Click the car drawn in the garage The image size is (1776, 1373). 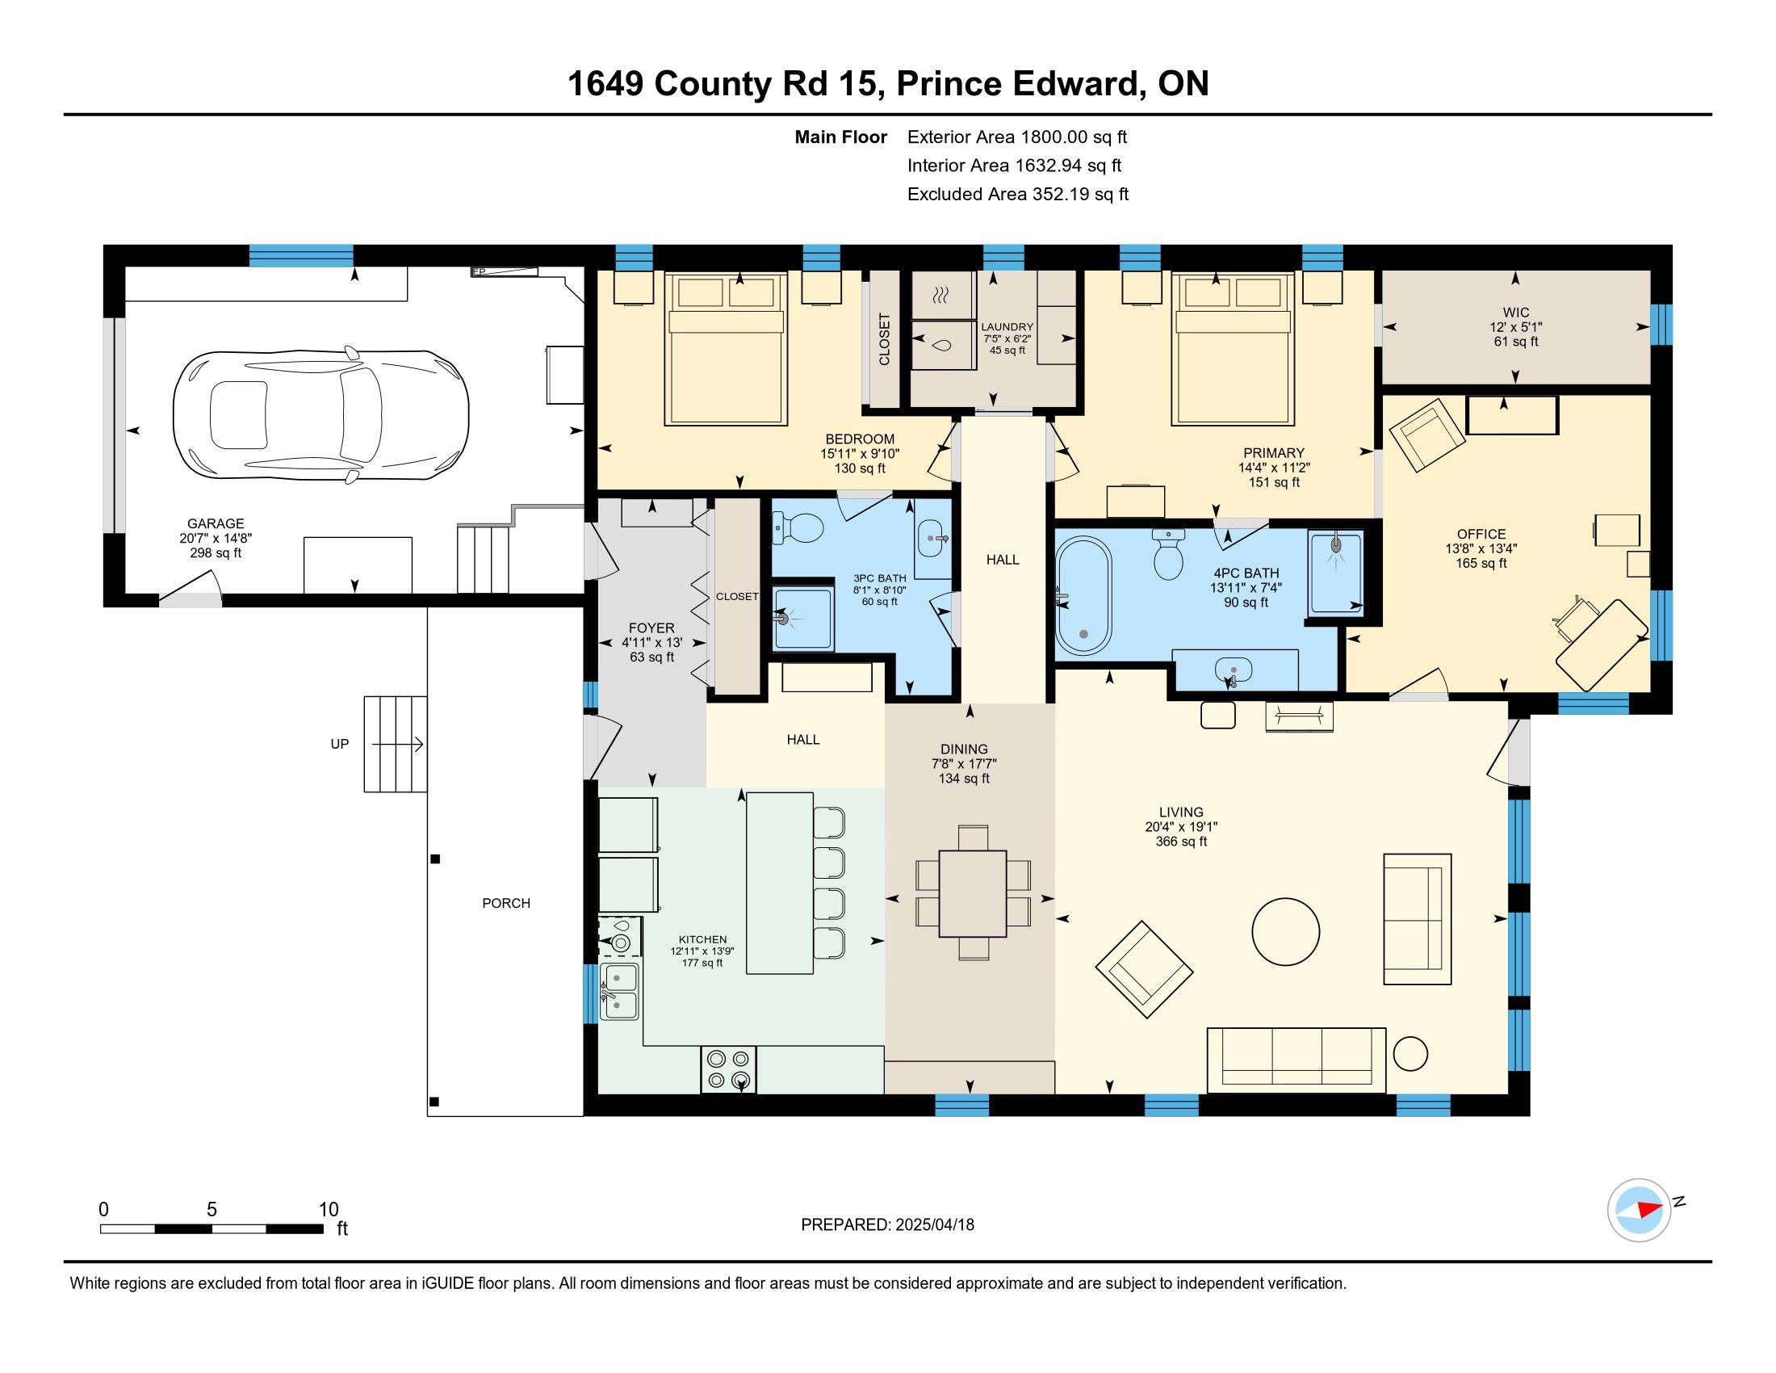pos(321,415)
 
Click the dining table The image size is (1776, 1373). pos(974,893)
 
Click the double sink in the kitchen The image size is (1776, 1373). pos(620,990)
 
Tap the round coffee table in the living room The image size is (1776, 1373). pos(1285,931)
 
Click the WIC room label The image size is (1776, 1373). pos(1516,313)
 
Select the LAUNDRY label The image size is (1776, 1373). pos(1007,327)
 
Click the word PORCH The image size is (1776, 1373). pos(506,903)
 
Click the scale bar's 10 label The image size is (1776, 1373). pos(329,1209)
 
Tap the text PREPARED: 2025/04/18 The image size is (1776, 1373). pos(887,1225)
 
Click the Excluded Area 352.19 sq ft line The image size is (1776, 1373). pos(1018,195)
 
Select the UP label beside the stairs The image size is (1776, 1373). pos(339,743)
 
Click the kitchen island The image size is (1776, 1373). pos(780,883)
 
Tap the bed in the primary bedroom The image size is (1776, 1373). pos(1232,349)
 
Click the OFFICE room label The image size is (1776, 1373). pos(1481,535)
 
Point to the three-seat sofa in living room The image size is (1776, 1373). pos(1296,1060)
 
